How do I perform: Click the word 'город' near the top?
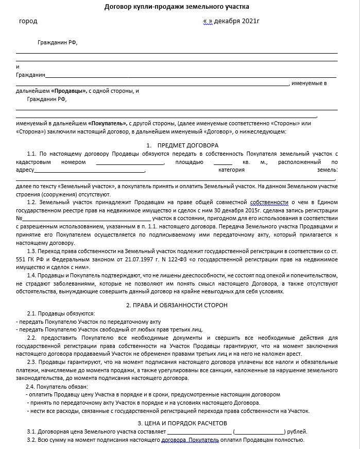[x=28, y=22]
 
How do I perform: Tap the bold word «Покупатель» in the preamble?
[x=107, y=124]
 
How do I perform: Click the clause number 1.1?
[x=31, y=154]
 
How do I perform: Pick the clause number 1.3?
[x=31, y=250]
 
